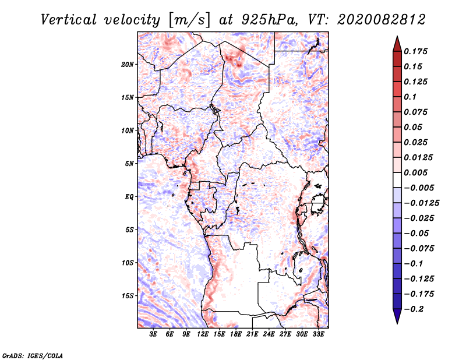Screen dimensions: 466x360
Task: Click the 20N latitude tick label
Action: coord(127,65)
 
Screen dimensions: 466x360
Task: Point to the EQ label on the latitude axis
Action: coord(129,197)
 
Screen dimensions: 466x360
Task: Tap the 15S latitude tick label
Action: coord(127,296)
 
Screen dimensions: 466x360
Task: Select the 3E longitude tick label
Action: coord(153,334)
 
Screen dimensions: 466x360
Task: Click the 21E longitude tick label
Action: coord(252,334)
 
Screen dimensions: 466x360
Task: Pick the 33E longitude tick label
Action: coord(318,334)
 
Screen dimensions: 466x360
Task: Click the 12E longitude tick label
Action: coord(202,334)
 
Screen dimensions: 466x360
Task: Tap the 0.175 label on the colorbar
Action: coord(415,51)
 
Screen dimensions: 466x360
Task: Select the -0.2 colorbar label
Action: coord(414,309)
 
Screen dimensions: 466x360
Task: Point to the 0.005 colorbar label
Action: coord(415,172)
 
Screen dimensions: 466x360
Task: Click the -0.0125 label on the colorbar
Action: coord(421,203)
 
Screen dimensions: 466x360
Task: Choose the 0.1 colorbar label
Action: coord(410,97)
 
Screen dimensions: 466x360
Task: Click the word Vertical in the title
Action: coord(69,20)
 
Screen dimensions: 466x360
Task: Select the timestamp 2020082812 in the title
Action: coord(382,20)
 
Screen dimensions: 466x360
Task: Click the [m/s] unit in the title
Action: coord(189,20)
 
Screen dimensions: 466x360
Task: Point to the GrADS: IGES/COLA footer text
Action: coord(33,355)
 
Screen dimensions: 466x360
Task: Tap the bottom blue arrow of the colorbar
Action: coord(397,316)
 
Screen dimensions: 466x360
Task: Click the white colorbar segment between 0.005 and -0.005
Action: coord(397,180)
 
